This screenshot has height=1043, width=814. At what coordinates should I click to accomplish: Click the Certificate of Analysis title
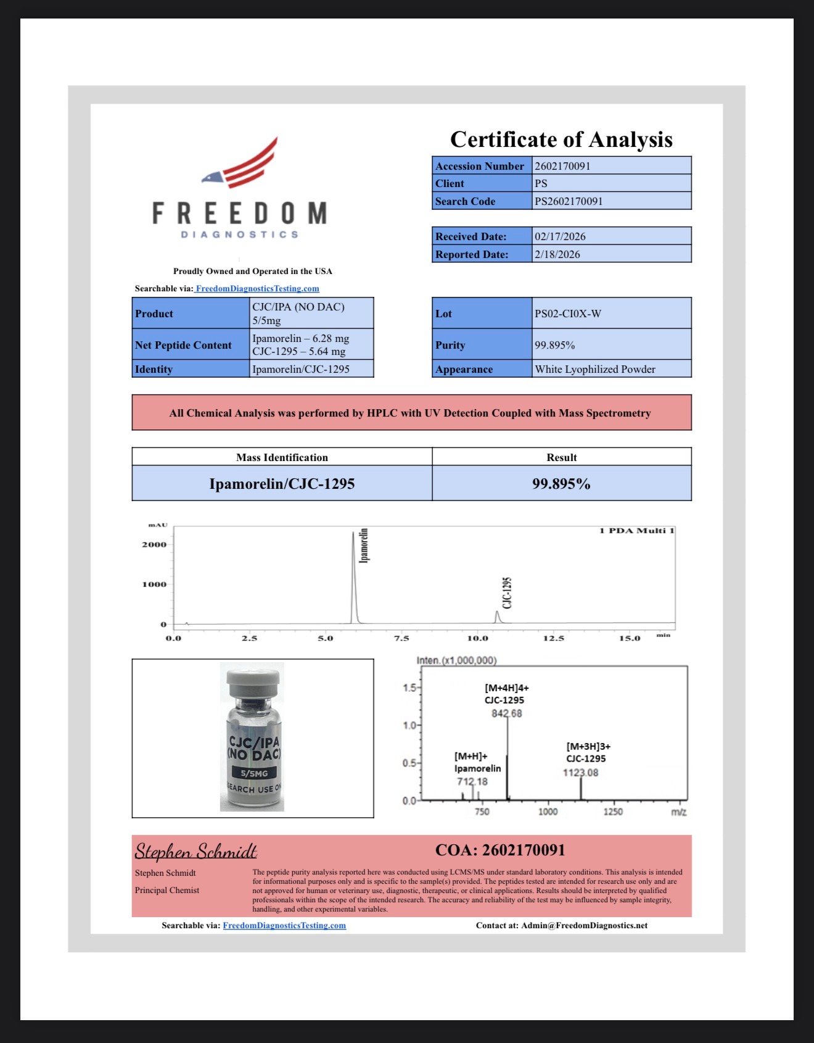point(561,139)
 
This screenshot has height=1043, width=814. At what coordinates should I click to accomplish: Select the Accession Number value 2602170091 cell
point(611,166)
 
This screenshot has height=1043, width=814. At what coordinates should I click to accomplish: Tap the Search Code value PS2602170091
point(611,201)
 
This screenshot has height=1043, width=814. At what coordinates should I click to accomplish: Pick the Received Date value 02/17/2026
point(611,236)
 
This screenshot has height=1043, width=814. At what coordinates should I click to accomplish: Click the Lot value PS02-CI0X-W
point(611,314)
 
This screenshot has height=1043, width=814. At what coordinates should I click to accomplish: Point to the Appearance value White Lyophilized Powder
point(611,369)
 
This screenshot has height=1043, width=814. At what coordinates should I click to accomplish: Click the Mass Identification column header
point(282,457)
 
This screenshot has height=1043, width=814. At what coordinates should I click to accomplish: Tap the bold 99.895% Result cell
point(561,484)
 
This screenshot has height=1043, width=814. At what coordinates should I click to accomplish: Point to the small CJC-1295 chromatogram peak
point(497,617)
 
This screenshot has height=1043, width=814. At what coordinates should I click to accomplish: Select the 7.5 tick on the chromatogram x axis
point(401,638)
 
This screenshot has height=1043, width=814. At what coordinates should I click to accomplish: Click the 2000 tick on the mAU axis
point(154,544)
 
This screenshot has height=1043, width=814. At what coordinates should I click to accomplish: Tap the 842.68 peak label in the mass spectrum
point(506,713)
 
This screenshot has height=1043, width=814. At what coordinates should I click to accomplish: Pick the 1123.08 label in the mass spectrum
point(580,773)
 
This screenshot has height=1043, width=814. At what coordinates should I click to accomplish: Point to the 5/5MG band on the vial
point(254,773)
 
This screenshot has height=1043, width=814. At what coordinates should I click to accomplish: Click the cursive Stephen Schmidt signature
point(195,852)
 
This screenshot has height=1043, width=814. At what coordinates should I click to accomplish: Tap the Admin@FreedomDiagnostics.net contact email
point(584,925)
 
